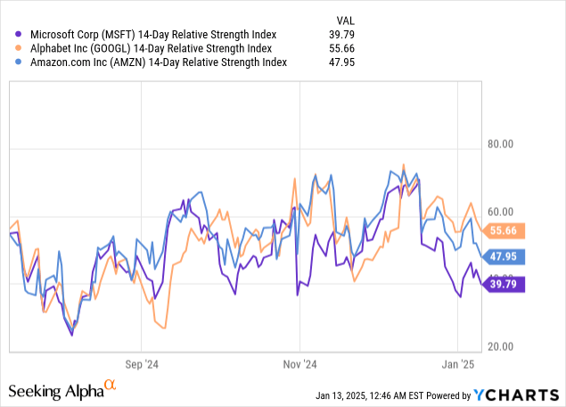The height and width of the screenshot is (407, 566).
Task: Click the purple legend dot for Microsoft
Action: click(x=19, y=34)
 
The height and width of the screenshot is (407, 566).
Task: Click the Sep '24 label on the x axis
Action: click(x=141, y=365)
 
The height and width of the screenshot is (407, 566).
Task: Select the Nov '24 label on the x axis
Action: click(x=300, y=365)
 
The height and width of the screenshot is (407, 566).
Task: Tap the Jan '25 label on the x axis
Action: click(x=456, y=365)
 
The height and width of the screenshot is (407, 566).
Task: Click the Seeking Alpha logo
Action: click(x=62, y=390)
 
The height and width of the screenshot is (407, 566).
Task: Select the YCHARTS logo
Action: click(x=516, y=395)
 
